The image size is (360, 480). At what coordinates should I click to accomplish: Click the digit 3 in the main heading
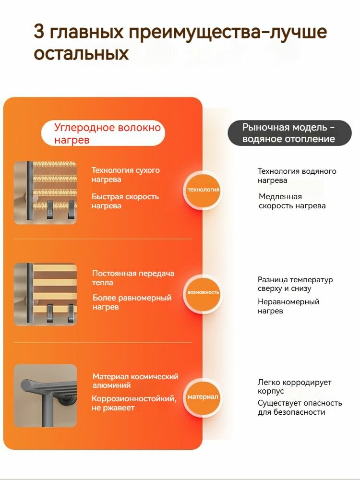(x=39, y=33)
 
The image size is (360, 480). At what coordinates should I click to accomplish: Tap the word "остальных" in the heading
(x=81, y=53)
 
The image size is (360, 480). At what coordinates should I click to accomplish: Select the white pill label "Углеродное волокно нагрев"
(x=103, y=133)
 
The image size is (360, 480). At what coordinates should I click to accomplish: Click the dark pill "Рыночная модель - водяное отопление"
(x=289, y=133)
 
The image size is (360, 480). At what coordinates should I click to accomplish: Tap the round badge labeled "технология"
(x=204, y=190)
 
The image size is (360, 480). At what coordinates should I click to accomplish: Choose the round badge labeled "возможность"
(x=204, y=292)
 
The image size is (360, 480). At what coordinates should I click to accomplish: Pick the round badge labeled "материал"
(x=203, y=397)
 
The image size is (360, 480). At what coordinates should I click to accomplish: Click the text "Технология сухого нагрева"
(x=126, y=175)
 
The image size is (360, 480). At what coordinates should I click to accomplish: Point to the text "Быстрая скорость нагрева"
(x=125, y=201)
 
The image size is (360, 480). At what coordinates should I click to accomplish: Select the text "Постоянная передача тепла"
(x=133, y=278)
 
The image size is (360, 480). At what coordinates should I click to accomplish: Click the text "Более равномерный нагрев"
(x=132, y=302)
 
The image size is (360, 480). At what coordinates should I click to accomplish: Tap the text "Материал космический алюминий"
(x=135, y=381)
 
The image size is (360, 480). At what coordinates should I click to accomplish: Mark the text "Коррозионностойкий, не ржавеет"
(x=134, y=403)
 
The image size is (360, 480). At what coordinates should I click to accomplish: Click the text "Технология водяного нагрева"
(x=297, y=176)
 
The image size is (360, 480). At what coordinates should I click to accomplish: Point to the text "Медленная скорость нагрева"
(x=292, y=201)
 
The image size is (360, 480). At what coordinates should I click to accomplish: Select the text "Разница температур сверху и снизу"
(x=295, y=284)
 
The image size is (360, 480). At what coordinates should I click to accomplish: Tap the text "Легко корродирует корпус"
(x=294, y=387)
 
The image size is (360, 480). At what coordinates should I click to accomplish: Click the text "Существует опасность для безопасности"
(x=300, y=408)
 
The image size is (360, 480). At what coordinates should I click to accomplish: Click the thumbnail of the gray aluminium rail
(x=45, y=396)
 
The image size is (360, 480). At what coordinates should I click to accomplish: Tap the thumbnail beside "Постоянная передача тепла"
(x=45, y=294)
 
